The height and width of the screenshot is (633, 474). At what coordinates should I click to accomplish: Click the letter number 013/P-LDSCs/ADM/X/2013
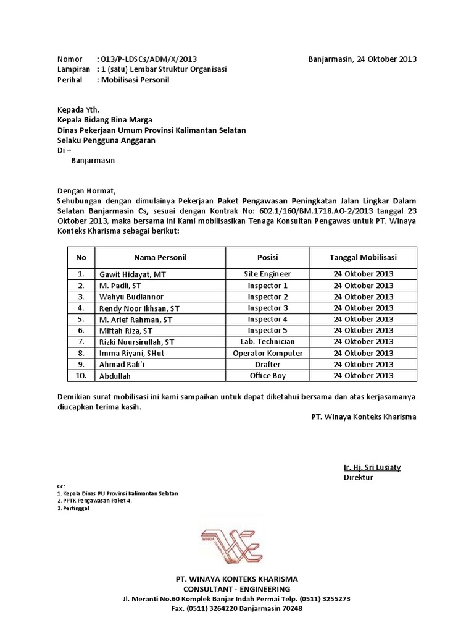[x=149, y=59]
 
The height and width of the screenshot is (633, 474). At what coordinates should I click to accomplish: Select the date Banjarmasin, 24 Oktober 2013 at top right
[x=362, y=59]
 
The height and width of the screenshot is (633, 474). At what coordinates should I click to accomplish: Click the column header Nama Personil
[x=160, y=257]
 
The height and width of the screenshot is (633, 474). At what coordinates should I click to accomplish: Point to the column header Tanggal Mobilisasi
[x=363, y=257]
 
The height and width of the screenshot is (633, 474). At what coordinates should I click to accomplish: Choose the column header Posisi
[x=267, y=257]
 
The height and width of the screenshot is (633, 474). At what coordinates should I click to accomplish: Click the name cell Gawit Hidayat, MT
[x=132, y=274]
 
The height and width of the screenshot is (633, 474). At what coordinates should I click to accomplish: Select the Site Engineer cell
[x=267, y=274]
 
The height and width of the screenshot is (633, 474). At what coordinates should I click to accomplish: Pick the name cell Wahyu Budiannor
[x=129, y=297]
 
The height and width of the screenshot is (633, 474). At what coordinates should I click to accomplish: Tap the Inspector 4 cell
[x=267, y=319]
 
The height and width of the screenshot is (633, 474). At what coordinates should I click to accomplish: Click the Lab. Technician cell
[x=267, y=341]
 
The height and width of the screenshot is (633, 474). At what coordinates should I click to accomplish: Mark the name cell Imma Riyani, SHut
[x=131, y=353]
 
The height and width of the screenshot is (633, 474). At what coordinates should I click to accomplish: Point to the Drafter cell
[x=267, y=364]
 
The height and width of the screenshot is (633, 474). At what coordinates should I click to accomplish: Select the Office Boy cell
[x=267, y=375]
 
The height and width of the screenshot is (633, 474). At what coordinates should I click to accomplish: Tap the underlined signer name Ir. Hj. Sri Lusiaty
[x=372, y=467]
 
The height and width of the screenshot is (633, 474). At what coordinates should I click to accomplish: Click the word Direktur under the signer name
[x=359, y=478]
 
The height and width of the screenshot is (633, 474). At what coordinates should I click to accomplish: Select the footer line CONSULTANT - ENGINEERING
[x=236, y=590]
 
